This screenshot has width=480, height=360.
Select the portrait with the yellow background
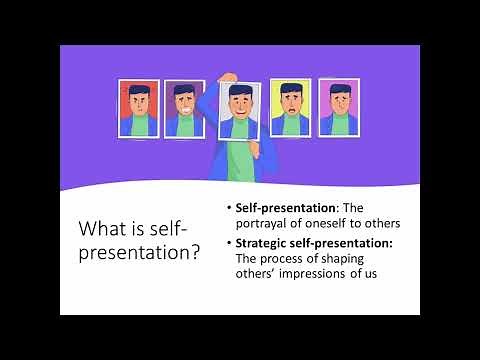[x=291, y=107]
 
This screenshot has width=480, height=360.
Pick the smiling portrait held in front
[x=239, y=111]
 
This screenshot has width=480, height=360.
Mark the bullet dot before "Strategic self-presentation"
[x=228, y=243]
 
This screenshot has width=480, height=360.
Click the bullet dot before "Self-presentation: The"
[x=228, y=208]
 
